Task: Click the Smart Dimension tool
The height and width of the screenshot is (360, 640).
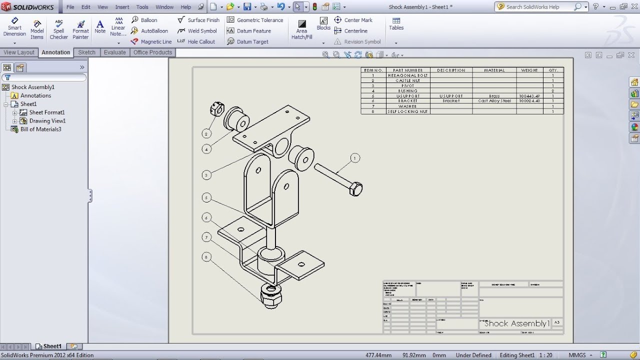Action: pyautogui.click(x=14, y=27)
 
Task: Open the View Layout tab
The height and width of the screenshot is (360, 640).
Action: pyautogui.click(x=19, y=52)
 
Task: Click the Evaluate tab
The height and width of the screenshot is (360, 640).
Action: pyautogui.click(x=114, y=52)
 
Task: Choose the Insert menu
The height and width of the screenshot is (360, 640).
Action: pyautogui.click(x=122, y=7)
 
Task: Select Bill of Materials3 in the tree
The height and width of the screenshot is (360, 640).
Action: pyautogui.click(x=40, y=129)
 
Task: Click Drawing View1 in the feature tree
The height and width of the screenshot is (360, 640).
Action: pyautogui.click(x=47, y=121)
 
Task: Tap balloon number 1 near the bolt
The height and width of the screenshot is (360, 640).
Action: pyautogui.click(x=355, y=158)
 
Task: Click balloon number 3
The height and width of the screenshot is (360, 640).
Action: pyautogui.click(x=207, y=174)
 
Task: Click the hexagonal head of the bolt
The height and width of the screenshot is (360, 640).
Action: pyautogui.click(x=355, y=189)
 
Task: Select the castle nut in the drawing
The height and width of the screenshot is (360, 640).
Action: pyautogui.click(x=216, y=109)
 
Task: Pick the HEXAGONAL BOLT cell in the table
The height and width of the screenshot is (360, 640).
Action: pyautogui.click(x=407, y=75)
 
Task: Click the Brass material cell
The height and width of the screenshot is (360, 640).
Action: pyautogui.click(x=494, y=96)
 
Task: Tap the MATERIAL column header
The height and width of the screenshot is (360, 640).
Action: pyautogui.click(x=494, y=70)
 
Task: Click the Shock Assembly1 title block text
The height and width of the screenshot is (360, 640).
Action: pyautogui.click(x=516, y=323)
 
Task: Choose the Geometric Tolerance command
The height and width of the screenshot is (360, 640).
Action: pyautogui.click(x=255, y=20)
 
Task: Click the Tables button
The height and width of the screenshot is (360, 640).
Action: pyautogui.click(x=396, y=24)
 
